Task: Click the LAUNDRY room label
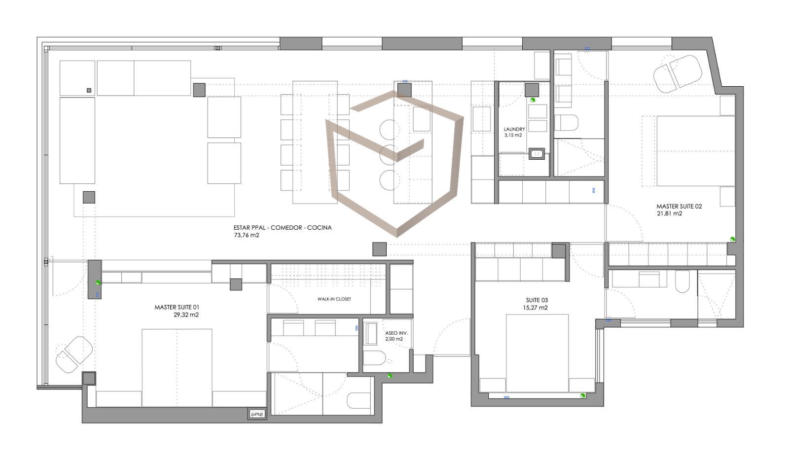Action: (x=514, y=129)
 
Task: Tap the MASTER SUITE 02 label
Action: (x=679, y=207)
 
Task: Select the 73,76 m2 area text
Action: (x=247, y=235)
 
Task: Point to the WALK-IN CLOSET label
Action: (x=334, y=299)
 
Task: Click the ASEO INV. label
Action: (x=396, y=333)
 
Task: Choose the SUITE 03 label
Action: (x=537, y=300)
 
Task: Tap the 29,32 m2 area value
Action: (x=186, y=315)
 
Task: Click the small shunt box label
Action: (x=257, y=414)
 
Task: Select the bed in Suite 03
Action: (x=537, y=353)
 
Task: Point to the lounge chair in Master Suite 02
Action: (x=678, y=74)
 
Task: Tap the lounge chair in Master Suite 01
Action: (x=74, y=354)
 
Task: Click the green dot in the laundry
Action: (x=533, y=100)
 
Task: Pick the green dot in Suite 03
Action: (x=583, y=396)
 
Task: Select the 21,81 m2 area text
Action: (x=669, y=214)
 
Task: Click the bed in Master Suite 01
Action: (x=177, y=368)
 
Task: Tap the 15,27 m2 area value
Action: (x=536, y=308)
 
